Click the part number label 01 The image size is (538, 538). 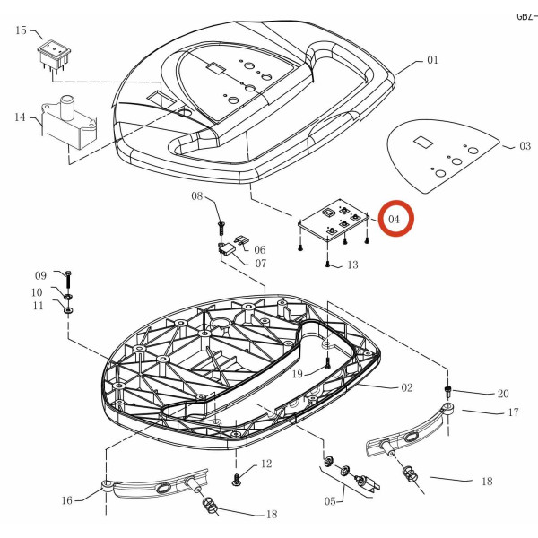pyautogui.click(x=432, y=61)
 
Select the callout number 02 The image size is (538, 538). pyautogui.click(x=406, y=387)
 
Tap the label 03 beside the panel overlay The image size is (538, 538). pyautogui.click(x=525, y=144)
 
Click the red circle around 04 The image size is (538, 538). pyautogui.click(x=395, y=219)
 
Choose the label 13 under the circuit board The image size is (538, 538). pyautogui.click(x=351, y=265)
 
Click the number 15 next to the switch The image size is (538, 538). pyautogui.click(x=21, y=30)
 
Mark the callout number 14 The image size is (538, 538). pyautogui.click(x=20, y=117)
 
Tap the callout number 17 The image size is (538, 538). pyautogui.click(x=513, y=412)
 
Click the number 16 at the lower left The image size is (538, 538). pyautogui.click(x=66, y=500)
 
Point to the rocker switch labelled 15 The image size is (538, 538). pyautogui.click(x=52, y=56)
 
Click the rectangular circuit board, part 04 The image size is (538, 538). pyautogui.click(x=334, y=221)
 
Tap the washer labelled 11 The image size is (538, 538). pyautogui.click(x=69, y=310)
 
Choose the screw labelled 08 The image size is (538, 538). pyautogui.click(x=220, y=218)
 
